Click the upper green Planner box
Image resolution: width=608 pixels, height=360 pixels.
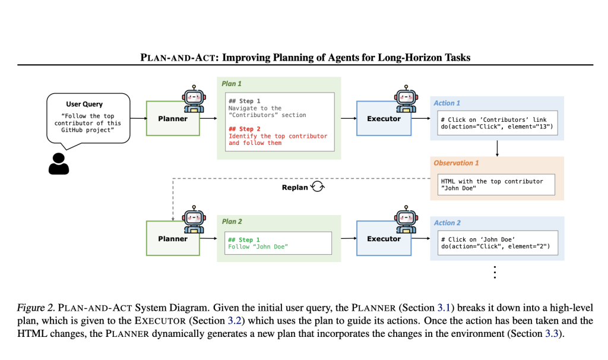tap(173, 119)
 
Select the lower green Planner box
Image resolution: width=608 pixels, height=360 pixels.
tap(173, 239)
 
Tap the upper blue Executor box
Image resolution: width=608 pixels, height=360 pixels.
tap(384, 119)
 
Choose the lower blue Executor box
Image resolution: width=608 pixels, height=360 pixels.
tap(384, 239)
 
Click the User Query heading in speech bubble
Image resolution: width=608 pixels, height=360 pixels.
tap(84, 104)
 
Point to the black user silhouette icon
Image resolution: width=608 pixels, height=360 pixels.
tap(59, 163)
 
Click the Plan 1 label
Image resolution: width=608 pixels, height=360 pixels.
tap(232, 84)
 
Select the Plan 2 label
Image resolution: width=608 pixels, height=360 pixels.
tap(232, 222)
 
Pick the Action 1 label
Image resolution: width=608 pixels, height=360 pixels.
tap(446, 103)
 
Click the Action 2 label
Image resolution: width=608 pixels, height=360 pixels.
tap(447, 223)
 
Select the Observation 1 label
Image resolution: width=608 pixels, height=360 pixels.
tap(457, 163)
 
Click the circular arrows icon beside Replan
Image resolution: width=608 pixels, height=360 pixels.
tap(318, 187)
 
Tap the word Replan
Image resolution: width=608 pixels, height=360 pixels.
tap(295, 188)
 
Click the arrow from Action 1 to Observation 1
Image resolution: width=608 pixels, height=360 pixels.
tap(496, 148)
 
